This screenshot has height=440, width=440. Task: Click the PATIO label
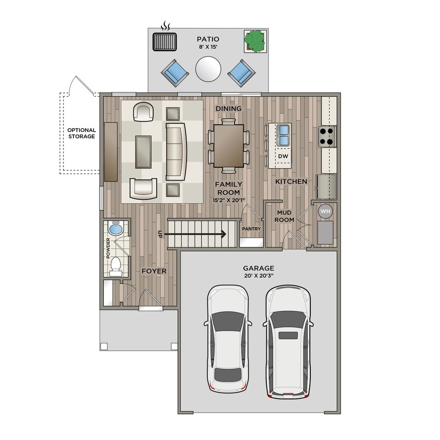click(208, 39)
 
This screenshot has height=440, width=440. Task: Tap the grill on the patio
click(165, 42)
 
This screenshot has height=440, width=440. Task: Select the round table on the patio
click(208, 69)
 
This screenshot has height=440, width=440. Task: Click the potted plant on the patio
click(255, 41)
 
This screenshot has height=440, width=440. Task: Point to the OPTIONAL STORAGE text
click(82, 133)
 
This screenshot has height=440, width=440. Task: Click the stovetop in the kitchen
click(327, 137)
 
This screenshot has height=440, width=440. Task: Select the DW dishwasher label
click(283, 156)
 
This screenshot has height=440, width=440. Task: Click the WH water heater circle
click(325, 211)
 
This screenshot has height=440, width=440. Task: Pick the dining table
click(229, 146)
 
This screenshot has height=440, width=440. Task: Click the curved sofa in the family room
click(176, 152)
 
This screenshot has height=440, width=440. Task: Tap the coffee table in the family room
click(143, 152)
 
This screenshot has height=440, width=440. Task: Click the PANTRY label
click(252, 229)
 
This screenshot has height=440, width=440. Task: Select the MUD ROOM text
click(284, 216)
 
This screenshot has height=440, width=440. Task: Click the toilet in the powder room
click(115, 266)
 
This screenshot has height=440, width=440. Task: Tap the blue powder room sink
click(115, 228)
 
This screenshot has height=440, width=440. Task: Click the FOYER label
click(154, 271)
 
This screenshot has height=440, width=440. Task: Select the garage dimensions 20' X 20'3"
click(258, 275)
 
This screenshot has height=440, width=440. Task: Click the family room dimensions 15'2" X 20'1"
click(229, 200)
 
